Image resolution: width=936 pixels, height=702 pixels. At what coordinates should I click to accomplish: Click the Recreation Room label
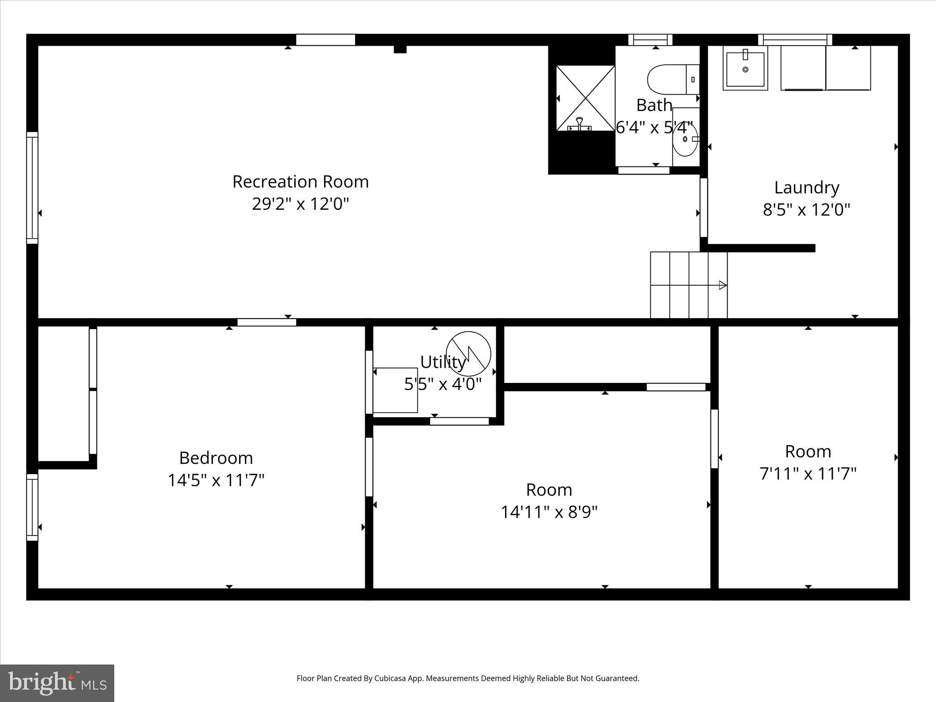300,182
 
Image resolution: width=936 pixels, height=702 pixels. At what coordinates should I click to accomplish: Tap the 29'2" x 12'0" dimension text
300,204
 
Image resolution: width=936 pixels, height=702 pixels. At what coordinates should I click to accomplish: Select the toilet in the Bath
672,80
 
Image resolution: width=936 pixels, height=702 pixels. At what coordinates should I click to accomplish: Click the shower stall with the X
585,98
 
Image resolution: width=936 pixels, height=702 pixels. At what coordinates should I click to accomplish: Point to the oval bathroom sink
685,139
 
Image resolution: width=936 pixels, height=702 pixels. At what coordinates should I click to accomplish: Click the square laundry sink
745,69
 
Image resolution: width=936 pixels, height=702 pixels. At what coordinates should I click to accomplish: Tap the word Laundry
807,188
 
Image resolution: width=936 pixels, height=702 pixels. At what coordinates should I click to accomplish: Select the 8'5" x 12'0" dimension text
807,210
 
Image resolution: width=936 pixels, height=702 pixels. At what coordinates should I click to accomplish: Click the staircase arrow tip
723,285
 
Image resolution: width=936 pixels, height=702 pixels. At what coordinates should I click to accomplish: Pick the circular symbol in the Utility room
468,354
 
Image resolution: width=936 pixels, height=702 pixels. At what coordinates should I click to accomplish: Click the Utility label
442,362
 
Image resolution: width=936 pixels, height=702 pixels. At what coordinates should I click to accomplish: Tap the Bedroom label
216,458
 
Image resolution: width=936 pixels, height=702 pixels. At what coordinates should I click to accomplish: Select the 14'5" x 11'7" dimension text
216,480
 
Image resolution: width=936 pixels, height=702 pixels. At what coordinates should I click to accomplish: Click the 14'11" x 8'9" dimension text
549,512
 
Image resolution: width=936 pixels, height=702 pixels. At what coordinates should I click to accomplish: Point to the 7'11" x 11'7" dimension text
808,474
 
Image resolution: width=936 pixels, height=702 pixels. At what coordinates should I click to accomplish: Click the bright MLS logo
57,683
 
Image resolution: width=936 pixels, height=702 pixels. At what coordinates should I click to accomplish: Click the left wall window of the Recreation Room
32,187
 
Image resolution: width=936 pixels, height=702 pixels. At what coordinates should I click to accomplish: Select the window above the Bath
650,40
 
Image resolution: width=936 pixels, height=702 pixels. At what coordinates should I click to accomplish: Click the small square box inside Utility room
395,390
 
